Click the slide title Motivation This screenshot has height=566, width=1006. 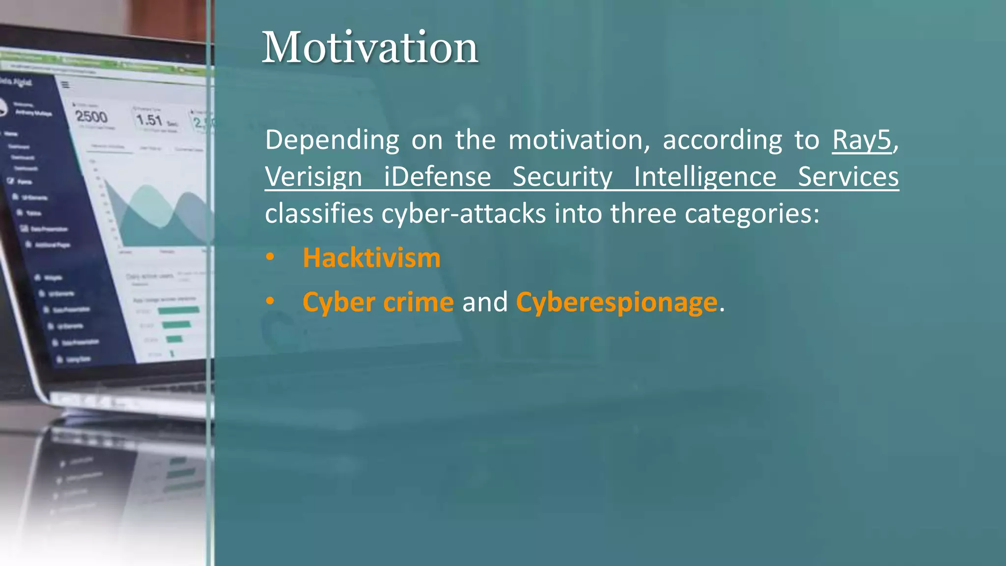coord(370,47)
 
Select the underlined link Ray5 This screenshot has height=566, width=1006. coord(862,140)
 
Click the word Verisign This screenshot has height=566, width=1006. coord(313,177)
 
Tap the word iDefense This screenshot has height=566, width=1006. coord(437,177)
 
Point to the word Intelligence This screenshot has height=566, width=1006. coord(705,177)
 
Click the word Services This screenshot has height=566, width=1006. coord(848,177)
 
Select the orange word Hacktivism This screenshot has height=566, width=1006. coord(371,258)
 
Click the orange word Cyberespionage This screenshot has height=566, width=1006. coord(616,302)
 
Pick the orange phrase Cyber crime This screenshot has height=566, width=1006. coord(378,302)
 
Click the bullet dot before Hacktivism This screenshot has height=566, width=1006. coord(270,257)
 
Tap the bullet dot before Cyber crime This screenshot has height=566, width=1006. coord(270,301)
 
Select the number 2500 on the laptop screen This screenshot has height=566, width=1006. coord(91,117)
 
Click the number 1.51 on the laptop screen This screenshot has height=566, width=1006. coord(149,120)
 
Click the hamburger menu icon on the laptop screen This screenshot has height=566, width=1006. coord(65,85)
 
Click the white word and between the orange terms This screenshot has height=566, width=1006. coord(484,302)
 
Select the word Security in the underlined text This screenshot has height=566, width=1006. coord(562,177)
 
